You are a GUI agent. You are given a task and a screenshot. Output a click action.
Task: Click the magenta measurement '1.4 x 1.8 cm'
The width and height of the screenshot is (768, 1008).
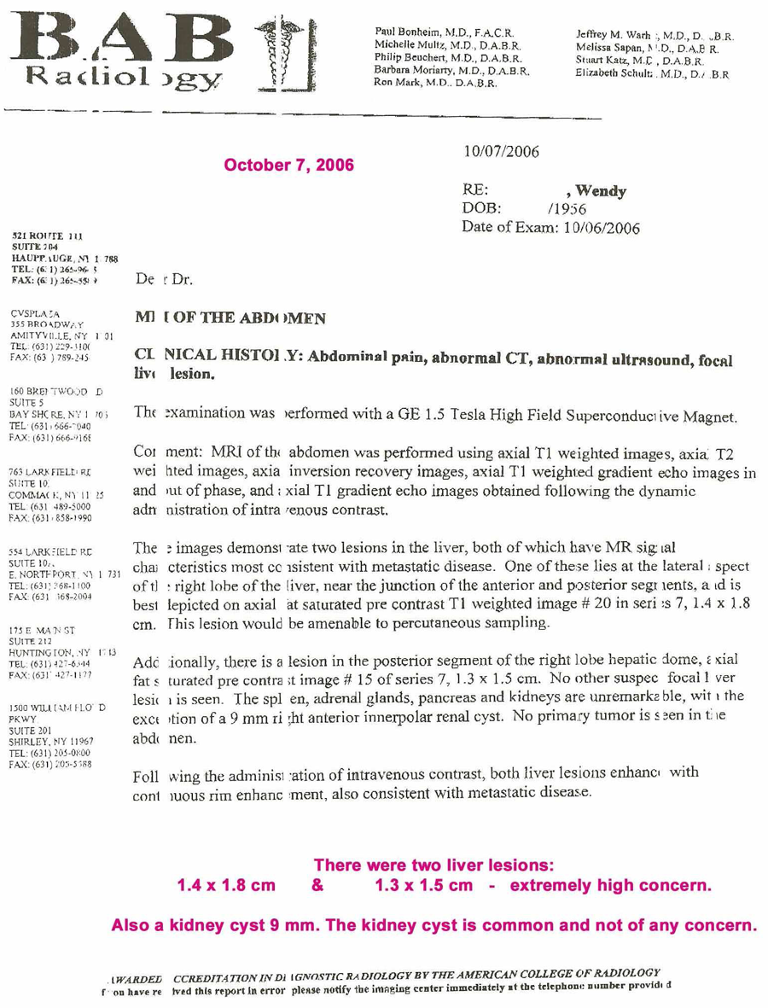225,886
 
